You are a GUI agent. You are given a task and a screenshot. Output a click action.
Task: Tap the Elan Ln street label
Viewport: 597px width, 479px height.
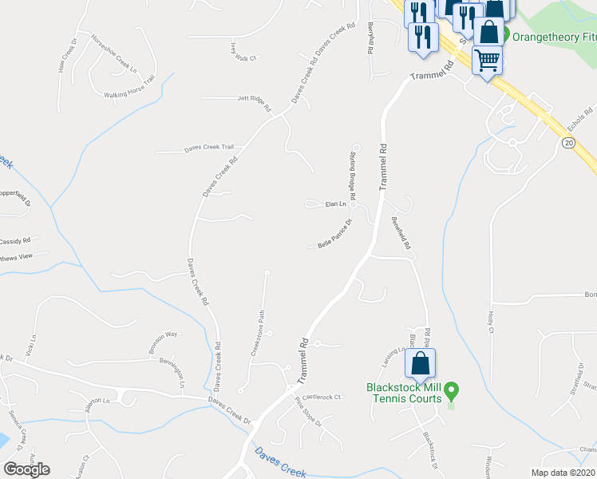[x=336, y=204]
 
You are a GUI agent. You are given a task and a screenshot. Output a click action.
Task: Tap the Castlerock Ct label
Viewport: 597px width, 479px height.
[x=321, y=396]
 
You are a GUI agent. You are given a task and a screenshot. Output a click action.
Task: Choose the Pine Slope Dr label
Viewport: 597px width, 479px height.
[x=308, y=412]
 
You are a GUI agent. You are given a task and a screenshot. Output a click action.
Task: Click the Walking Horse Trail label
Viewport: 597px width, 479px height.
[x=128, y=94]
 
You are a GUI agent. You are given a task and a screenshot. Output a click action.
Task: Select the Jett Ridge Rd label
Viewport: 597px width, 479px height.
[x=255, y=101]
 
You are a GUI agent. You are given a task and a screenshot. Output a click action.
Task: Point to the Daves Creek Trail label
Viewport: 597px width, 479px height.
[x=209, y=147]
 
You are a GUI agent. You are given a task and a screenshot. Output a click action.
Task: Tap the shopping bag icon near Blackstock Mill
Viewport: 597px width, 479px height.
[x=420, y=364]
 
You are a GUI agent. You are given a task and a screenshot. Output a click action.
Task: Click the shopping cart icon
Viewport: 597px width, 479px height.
[x=487, y=60]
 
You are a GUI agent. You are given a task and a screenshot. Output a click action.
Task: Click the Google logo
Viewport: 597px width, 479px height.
[x=26, y=469]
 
